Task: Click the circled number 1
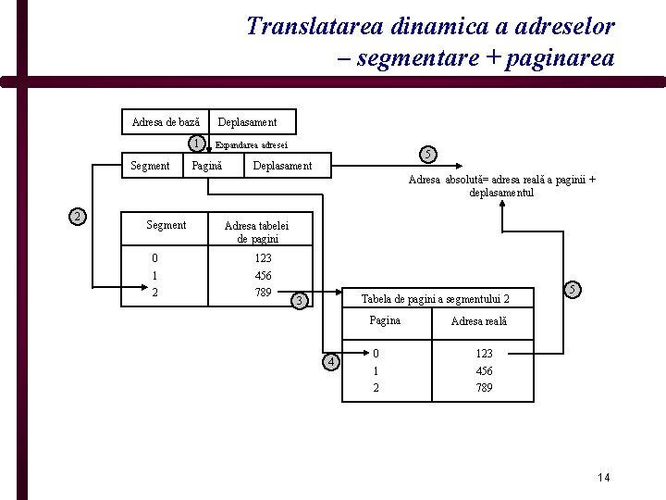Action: point(196,144)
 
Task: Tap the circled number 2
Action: point(78,217)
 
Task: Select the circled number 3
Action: point(298,300)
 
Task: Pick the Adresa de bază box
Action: point(166,121)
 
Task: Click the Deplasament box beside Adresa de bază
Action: point(247,121)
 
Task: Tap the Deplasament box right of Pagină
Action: point(282,166)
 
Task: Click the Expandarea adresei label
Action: point(251,144)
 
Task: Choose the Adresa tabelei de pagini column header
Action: point(256,231)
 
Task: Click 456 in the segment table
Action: point(263,276)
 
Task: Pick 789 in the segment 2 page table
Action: point(484,388)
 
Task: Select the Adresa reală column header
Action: point(478,321)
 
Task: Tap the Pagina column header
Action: point(385,320)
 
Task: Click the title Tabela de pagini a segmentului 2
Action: point(434,298)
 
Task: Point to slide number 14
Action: point(604,477)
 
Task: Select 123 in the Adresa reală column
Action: point(484,354)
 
